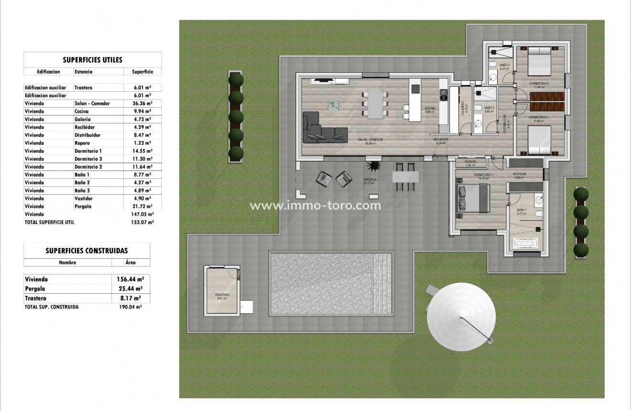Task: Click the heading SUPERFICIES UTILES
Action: (92, 60)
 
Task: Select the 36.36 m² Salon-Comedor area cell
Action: (142, 103)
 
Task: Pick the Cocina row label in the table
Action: (82, 111)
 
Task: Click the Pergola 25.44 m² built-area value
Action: (130, 289)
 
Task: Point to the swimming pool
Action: (331, 283)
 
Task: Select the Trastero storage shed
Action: (222, 290)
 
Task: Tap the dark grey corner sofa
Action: (319, 129)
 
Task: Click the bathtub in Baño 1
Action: (528, 244)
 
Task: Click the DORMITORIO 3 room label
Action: (538, 117)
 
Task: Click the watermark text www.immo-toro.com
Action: (315, 206)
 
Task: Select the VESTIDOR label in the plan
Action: (519, 174)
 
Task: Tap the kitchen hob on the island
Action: (415, 89)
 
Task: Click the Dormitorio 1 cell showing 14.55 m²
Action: (142, 151)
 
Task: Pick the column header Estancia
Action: (84, 72)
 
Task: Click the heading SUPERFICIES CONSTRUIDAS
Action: (87, 251)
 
